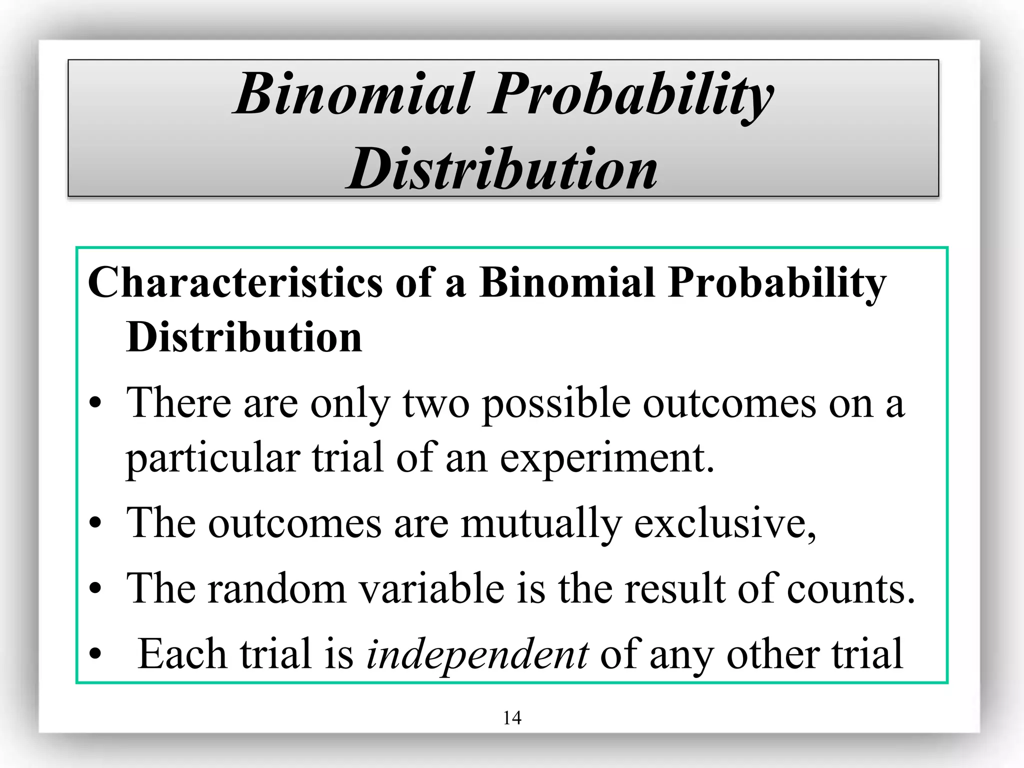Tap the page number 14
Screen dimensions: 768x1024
coord(512,718)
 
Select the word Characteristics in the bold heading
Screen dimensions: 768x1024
coord(235,282)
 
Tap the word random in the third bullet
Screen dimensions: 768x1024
coord(277,588)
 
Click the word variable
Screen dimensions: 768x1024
coord(432,588)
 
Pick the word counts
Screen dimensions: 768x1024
coord(850,588)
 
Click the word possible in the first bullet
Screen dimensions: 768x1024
coord(555,403)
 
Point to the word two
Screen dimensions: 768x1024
coord(436,403)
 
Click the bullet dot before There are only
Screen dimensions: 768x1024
coord(95,403)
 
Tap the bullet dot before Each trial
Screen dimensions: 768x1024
coord(95,654)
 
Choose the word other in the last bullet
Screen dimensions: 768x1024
coord(772,654)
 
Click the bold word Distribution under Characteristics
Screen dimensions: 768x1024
coord(244,337)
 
